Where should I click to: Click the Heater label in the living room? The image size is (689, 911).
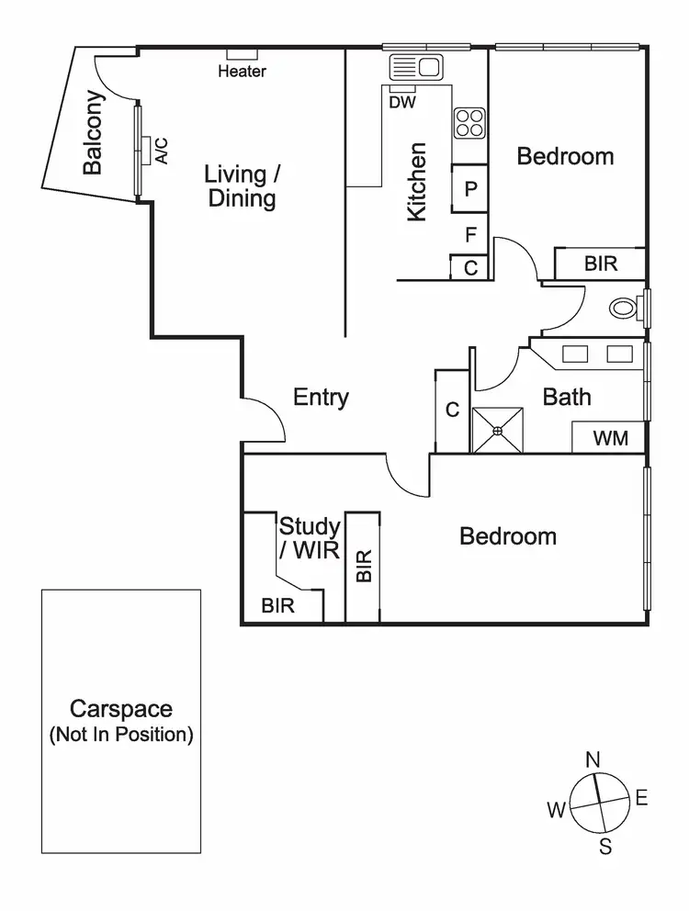pyautogui.click(x=243, y=72)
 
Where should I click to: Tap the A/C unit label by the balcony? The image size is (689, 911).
pyautogui.click(x=162, y=150)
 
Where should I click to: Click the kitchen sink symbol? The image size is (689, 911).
pyautogui.click(x=415, y=66)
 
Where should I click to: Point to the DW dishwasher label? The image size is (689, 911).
pyautogui.click(x=402, y=103)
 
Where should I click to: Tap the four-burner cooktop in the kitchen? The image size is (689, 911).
pyautogui.click(x=469, y=123)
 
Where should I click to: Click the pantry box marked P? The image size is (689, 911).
pyautogui.click(x=470, y=189)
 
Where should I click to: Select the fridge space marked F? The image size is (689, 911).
pyautogui.click(x=470, y=236)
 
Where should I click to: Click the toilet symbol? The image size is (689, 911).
pyautogui.click(x=627, y=307)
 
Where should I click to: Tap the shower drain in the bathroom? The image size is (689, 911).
pyautogui.click(x=497, y=430)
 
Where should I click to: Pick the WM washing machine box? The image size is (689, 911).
pyautogui.click(x=610, y=438)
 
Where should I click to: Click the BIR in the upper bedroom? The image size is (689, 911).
pyautogui.click(x=601, y=264)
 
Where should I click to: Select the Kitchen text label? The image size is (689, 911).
pyautogui.click(x=417, y=181)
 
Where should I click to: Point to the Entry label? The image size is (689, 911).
pyautogui.click(x=321, y=398)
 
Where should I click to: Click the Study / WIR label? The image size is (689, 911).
pyautogui.click(x=310, y=539)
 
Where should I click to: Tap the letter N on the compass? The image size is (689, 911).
pyautogui.click(x=593, y=759)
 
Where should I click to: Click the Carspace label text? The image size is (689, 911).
pyautogui.click(x=121, y=709)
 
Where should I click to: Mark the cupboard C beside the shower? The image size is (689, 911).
pyautogui.click(x=452, y=411)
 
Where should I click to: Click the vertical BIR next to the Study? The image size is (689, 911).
pyautogui.click(x=362, y=567)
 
